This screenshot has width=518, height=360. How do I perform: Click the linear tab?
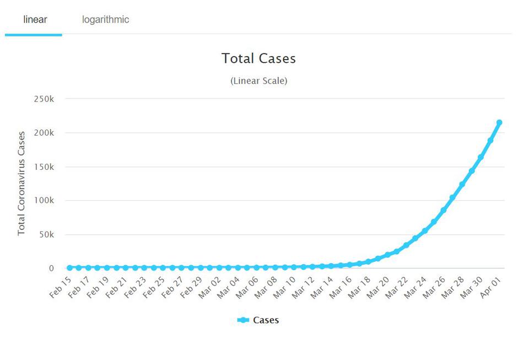click(x=35, y=20)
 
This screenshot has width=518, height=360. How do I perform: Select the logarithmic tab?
click(x=105, y=20)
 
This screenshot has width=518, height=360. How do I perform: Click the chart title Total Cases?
click(x=258, y=58)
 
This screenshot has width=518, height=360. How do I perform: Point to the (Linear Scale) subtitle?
click(x=258, y=81)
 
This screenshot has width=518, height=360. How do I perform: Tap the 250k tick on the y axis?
click(x=44, y=99)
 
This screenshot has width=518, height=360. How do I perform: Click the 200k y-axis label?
click(x=44, y=133)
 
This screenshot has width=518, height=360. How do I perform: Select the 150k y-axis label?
click(x=44, y=166)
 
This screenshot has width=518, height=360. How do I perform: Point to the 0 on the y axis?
click(x=51, y=268)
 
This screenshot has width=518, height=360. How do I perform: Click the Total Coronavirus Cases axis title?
click(x=21, y=183)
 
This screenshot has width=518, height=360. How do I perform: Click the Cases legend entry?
click(x=258, y=320)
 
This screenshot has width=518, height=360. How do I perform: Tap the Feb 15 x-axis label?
click(x=61, y=287)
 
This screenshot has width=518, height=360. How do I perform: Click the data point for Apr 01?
click(x=499, y=122)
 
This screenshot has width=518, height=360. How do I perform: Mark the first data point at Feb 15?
click(x=69, y=268)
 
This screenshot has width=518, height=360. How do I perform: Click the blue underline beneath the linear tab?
click(x=34, y=35)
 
